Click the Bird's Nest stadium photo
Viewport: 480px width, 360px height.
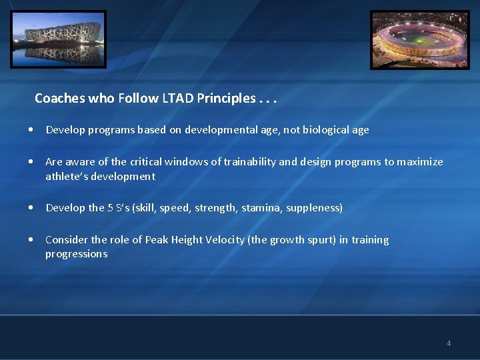(58, 39)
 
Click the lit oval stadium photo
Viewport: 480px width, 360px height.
(420, 39)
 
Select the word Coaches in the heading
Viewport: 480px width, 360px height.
(60, 99)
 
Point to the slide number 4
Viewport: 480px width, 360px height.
(449, 343)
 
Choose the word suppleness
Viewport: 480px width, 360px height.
(314, 208)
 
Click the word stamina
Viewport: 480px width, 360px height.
(261, 208)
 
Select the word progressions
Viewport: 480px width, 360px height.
(76, 254)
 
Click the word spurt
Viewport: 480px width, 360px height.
(318, 240)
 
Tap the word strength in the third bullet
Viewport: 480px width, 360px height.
(215, 208)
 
